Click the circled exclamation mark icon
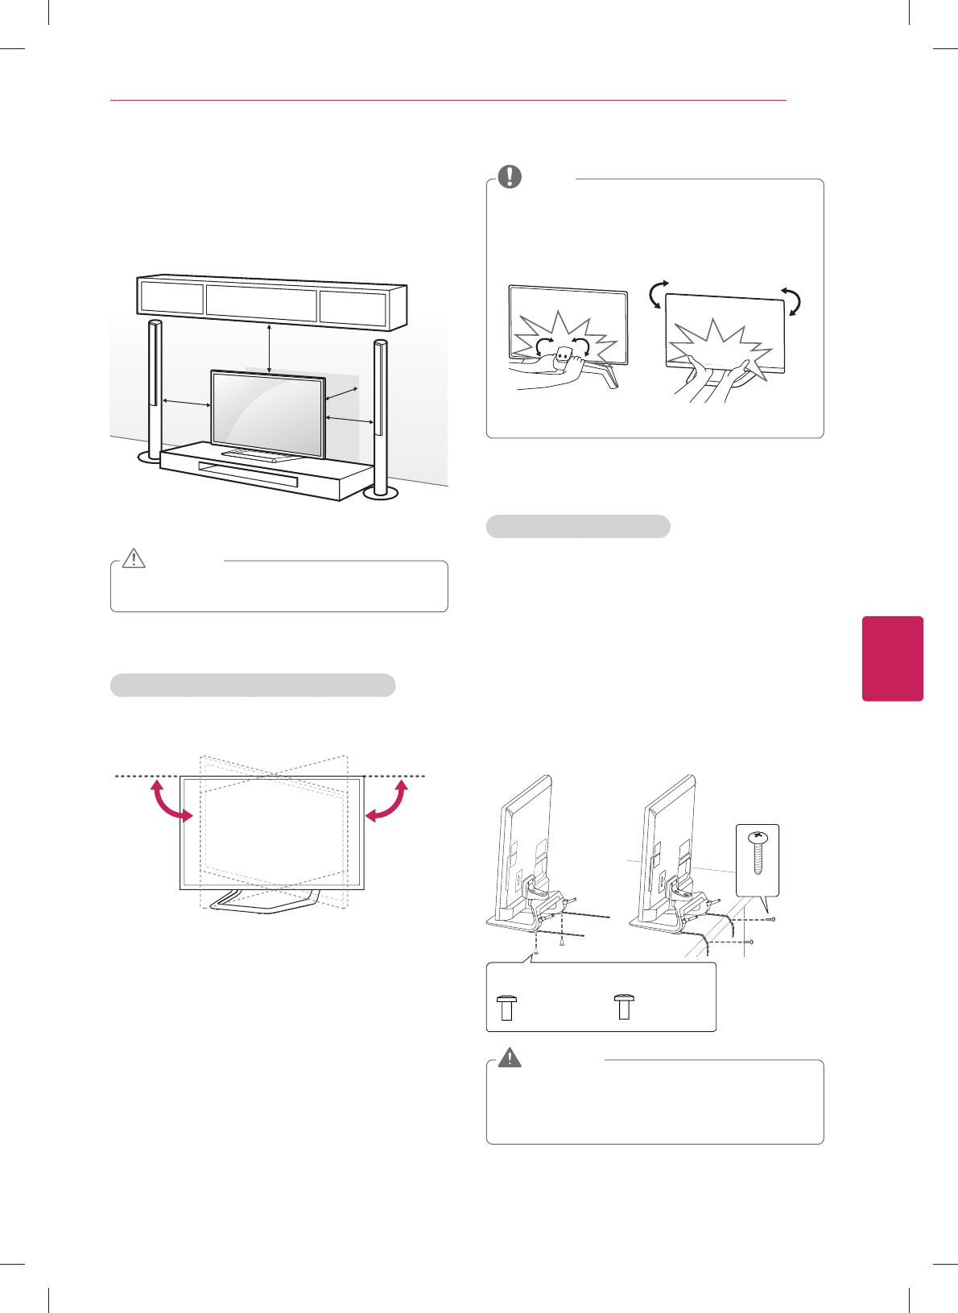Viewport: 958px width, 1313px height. (x=510, y=176)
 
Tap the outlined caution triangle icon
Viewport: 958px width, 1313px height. (x=134, y=557)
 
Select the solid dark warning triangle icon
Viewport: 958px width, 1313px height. (x=510, y=1057)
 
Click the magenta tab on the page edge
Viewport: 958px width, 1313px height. (x=892, y=658)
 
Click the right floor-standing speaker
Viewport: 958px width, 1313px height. (x=380, y=419)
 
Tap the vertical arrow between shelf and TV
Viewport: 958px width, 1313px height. (x=270, y=347)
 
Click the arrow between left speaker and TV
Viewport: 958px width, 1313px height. (x=187, y=403)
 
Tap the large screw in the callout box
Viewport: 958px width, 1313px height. (x=758, y=856)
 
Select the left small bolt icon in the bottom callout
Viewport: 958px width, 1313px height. (x=506, y=1008)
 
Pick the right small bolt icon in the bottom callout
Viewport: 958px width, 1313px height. (x=624, y=1007)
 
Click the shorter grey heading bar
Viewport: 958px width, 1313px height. (x=578, y=527)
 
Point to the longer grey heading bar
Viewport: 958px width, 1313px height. (x=252, y=685)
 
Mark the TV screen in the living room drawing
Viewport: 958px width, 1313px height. (x=267, y=408)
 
